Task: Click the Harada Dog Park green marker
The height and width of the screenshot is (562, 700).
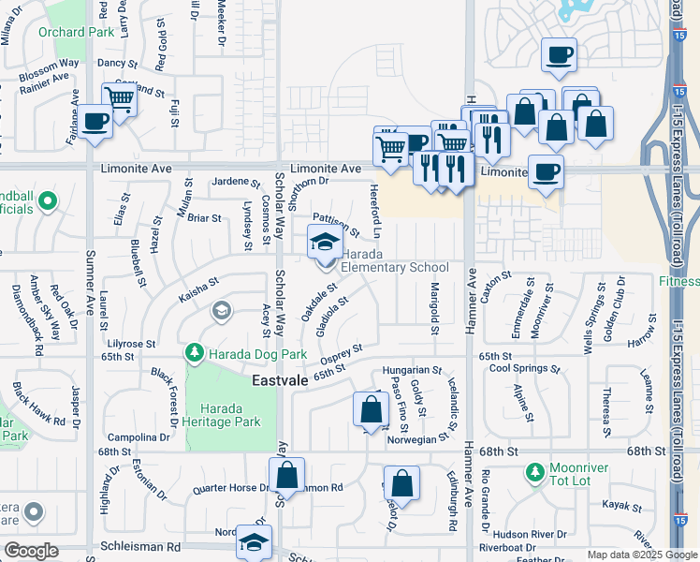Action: click(x=194, y=353)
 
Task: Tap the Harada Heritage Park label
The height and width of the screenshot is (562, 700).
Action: click(x=229, y=415)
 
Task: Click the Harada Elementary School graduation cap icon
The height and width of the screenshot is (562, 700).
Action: click(x=324, y=244)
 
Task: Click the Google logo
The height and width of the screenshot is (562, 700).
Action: click(x=32, y=551)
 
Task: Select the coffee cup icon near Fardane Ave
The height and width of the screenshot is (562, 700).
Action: click(x=95, y=123)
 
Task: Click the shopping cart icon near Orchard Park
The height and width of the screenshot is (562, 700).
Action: click(x=119, y=97)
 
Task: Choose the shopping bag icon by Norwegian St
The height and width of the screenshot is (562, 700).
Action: click(x=371, y=410)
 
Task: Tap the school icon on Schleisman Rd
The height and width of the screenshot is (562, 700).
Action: click(x=254, y=542)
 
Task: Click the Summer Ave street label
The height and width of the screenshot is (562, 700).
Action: click(x=91, y=281)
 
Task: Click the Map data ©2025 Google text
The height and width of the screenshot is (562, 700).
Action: click(x=640, y=555)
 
